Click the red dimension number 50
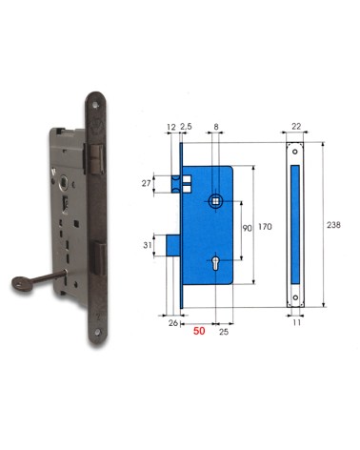pyautogui.click(x=199, y=332)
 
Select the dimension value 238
pyautogui.click(x=332, y=225)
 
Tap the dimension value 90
pyautogui.click(x=246, y=230)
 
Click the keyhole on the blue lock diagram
pyautogui.click(x=218, y=262)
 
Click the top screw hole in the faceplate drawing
pyautogui.click(x=294, y=150)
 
